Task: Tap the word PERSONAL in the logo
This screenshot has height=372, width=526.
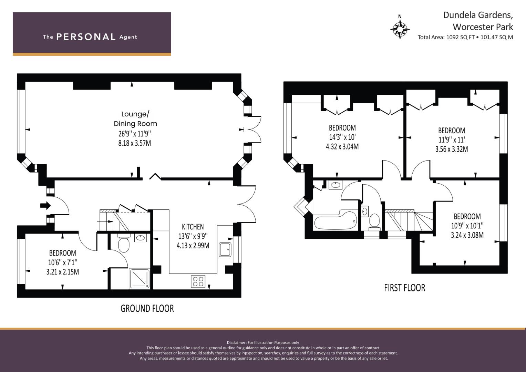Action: tap(86, 37)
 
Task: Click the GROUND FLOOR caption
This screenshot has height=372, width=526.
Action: tap(147, 308)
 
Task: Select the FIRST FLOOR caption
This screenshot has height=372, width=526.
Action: tap(405, 288)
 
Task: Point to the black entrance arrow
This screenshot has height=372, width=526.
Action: tap(45, 206)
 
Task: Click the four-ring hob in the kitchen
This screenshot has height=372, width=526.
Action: tap(198, 281)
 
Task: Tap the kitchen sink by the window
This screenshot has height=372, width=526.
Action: tap(225, 250)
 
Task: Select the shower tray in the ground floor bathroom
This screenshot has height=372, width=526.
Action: tap(139, 279)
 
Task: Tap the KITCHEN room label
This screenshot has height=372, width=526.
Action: tap(193, 227)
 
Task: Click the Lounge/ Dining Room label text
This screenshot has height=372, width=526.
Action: tap(135, 119)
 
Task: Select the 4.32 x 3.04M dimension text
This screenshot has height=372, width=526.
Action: tap(342, 147)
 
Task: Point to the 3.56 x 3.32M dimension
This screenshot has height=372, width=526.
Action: tap(452, 149)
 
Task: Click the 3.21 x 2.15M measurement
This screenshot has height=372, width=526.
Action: tap(62, 272)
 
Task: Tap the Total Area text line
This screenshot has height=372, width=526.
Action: tap(465, 37)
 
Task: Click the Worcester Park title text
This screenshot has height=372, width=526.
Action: tap(483, 27)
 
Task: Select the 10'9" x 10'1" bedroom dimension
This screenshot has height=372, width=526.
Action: tap(467, 226)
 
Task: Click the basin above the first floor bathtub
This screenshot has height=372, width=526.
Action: tap(335, 185)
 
